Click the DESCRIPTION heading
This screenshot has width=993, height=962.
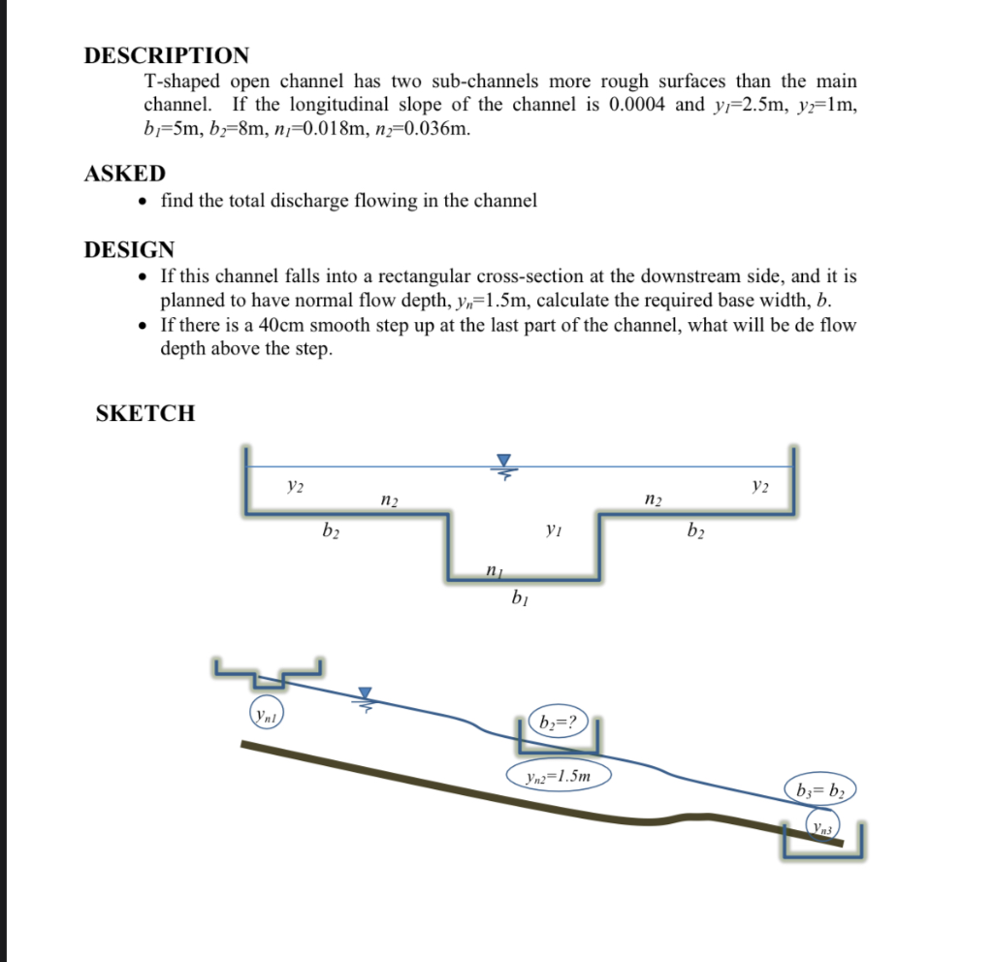coord(166,55)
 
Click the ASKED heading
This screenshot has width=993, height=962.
coord(125,174)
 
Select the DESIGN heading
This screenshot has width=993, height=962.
coord(129,249)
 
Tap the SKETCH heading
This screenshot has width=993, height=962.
coord(145,413)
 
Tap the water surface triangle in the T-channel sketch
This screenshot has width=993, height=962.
coord(502,461)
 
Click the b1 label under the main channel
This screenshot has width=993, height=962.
coord(519,597)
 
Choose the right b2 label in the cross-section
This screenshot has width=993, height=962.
coord(694,529)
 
